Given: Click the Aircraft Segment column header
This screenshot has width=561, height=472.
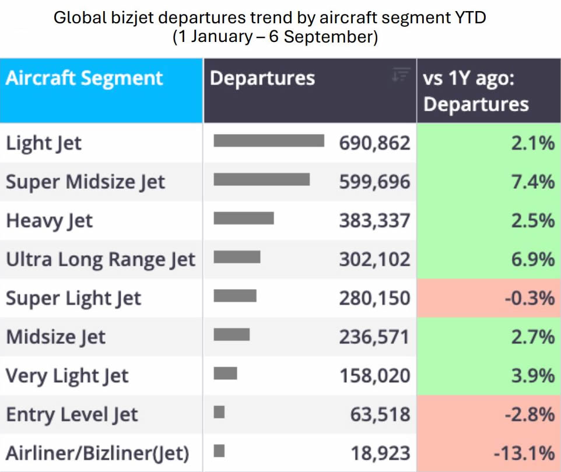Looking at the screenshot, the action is coord(85,78).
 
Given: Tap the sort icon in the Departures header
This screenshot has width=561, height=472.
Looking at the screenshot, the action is coord(401,75).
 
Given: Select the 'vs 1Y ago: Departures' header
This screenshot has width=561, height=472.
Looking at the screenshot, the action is coord(476,91).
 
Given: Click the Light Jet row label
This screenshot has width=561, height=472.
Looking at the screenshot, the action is coord(44,143).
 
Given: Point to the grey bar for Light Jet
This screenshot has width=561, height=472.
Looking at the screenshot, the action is coord(269,140).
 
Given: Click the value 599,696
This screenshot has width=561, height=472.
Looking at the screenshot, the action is coord(374,182).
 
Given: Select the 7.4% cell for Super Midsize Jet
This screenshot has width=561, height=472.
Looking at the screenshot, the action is coord(489,182).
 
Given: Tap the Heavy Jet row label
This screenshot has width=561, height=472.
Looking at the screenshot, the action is coord(50,221).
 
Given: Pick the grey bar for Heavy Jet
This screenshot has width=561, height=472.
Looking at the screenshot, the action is coord(244,218).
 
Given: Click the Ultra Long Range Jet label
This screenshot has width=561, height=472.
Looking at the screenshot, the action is coord(100,259).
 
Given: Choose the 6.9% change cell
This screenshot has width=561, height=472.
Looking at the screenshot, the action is coord(489,259).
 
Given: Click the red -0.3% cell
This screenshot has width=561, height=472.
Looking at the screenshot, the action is coord(489,298).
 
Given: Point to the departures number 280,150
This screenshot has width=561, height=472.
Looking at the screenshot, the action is coord(374,298).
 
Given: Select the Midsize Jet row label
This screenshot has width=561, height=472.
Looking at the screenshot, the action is coord(56,337).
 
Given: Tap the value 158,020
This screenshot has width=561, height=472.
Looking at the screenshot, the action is coord(374,375).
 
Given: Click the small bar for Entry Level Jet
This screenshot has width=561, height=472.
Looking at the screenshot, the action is coord(219,412).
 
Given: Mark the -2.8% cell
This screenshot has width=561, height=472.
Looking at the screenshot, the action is coord(489,414).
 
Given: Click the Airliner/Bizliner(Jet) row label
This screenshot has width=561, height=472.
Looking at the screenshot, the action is coord(97,453).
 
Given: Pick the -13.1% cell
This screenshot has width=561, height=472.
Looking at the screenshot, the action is coord(489,453).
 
